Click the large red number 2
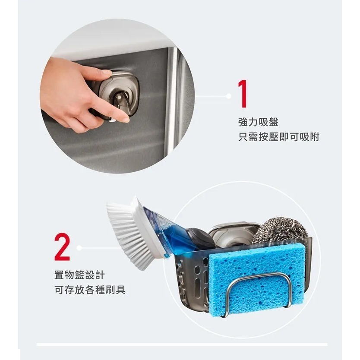click(62, 247)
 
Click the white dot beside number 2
click(79, 248)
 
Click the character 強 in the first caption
click(243, 122)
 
